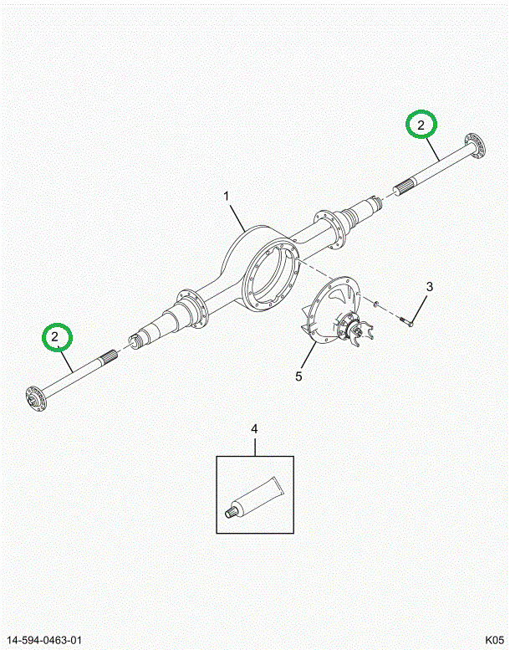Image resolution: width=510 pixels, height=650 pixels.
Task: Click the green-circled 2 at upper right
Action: pyautogui.click(x=421, y=125)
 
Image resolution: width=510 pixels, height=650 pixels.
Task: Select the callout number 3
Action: pyautogui.click(x=429, y=288)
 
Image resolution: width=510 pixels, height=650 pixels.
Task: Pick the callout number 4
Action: pyautogui.click(x=255, y=430)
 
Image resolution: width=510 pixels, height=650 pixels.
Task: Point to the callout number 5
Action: pyautogui.click(x=298, y=376)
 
